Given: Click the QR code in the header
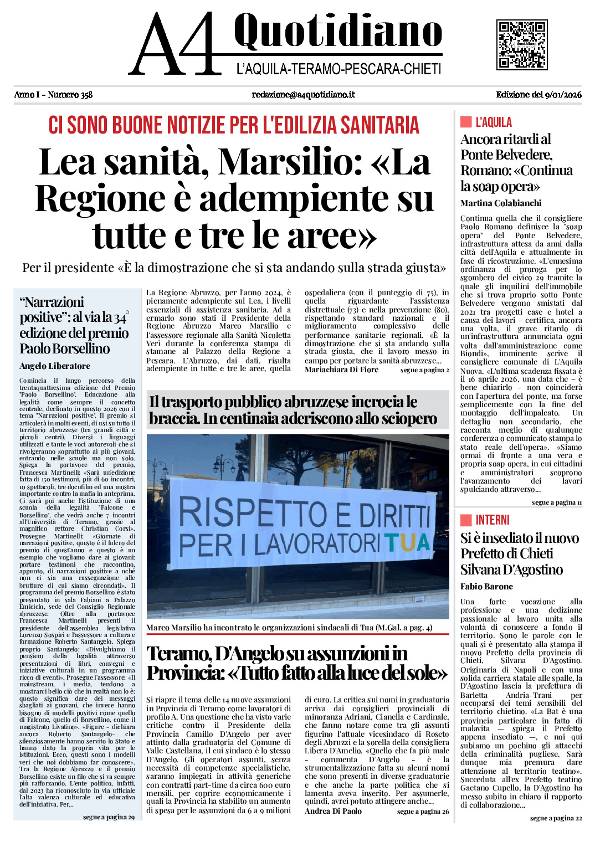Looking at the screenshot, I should click(522, 44).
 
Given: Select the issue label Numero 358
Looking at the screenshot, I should click(70, 95).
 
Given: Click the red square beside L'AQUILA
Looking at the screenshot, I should click(466, 122).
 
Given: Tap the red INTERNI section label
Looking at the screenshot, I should click(492, 520).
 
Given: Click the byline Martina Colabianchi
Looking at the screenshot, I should click(501, 203).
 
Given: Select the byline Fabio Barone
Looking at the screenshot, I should click(486, 587).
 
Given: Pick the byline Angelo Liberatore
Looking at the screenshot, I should click(55, 366).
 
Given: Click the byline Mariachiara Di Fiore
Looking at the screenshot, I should click(341, 369).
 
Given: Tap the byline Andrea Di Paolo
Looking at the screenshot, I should click(333, 811).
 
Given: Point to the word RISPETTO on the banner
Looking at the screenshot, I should click(253, 512).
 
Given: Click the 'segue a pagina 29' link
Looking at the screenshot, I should click(109, 817).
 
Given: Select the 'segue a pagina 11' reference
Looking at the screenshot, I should click(556, 502).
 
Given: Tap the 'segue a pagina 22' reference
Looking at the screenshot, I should click(556, 818).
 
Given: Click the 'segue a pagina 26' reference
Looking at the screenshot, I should click(423, 812).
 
